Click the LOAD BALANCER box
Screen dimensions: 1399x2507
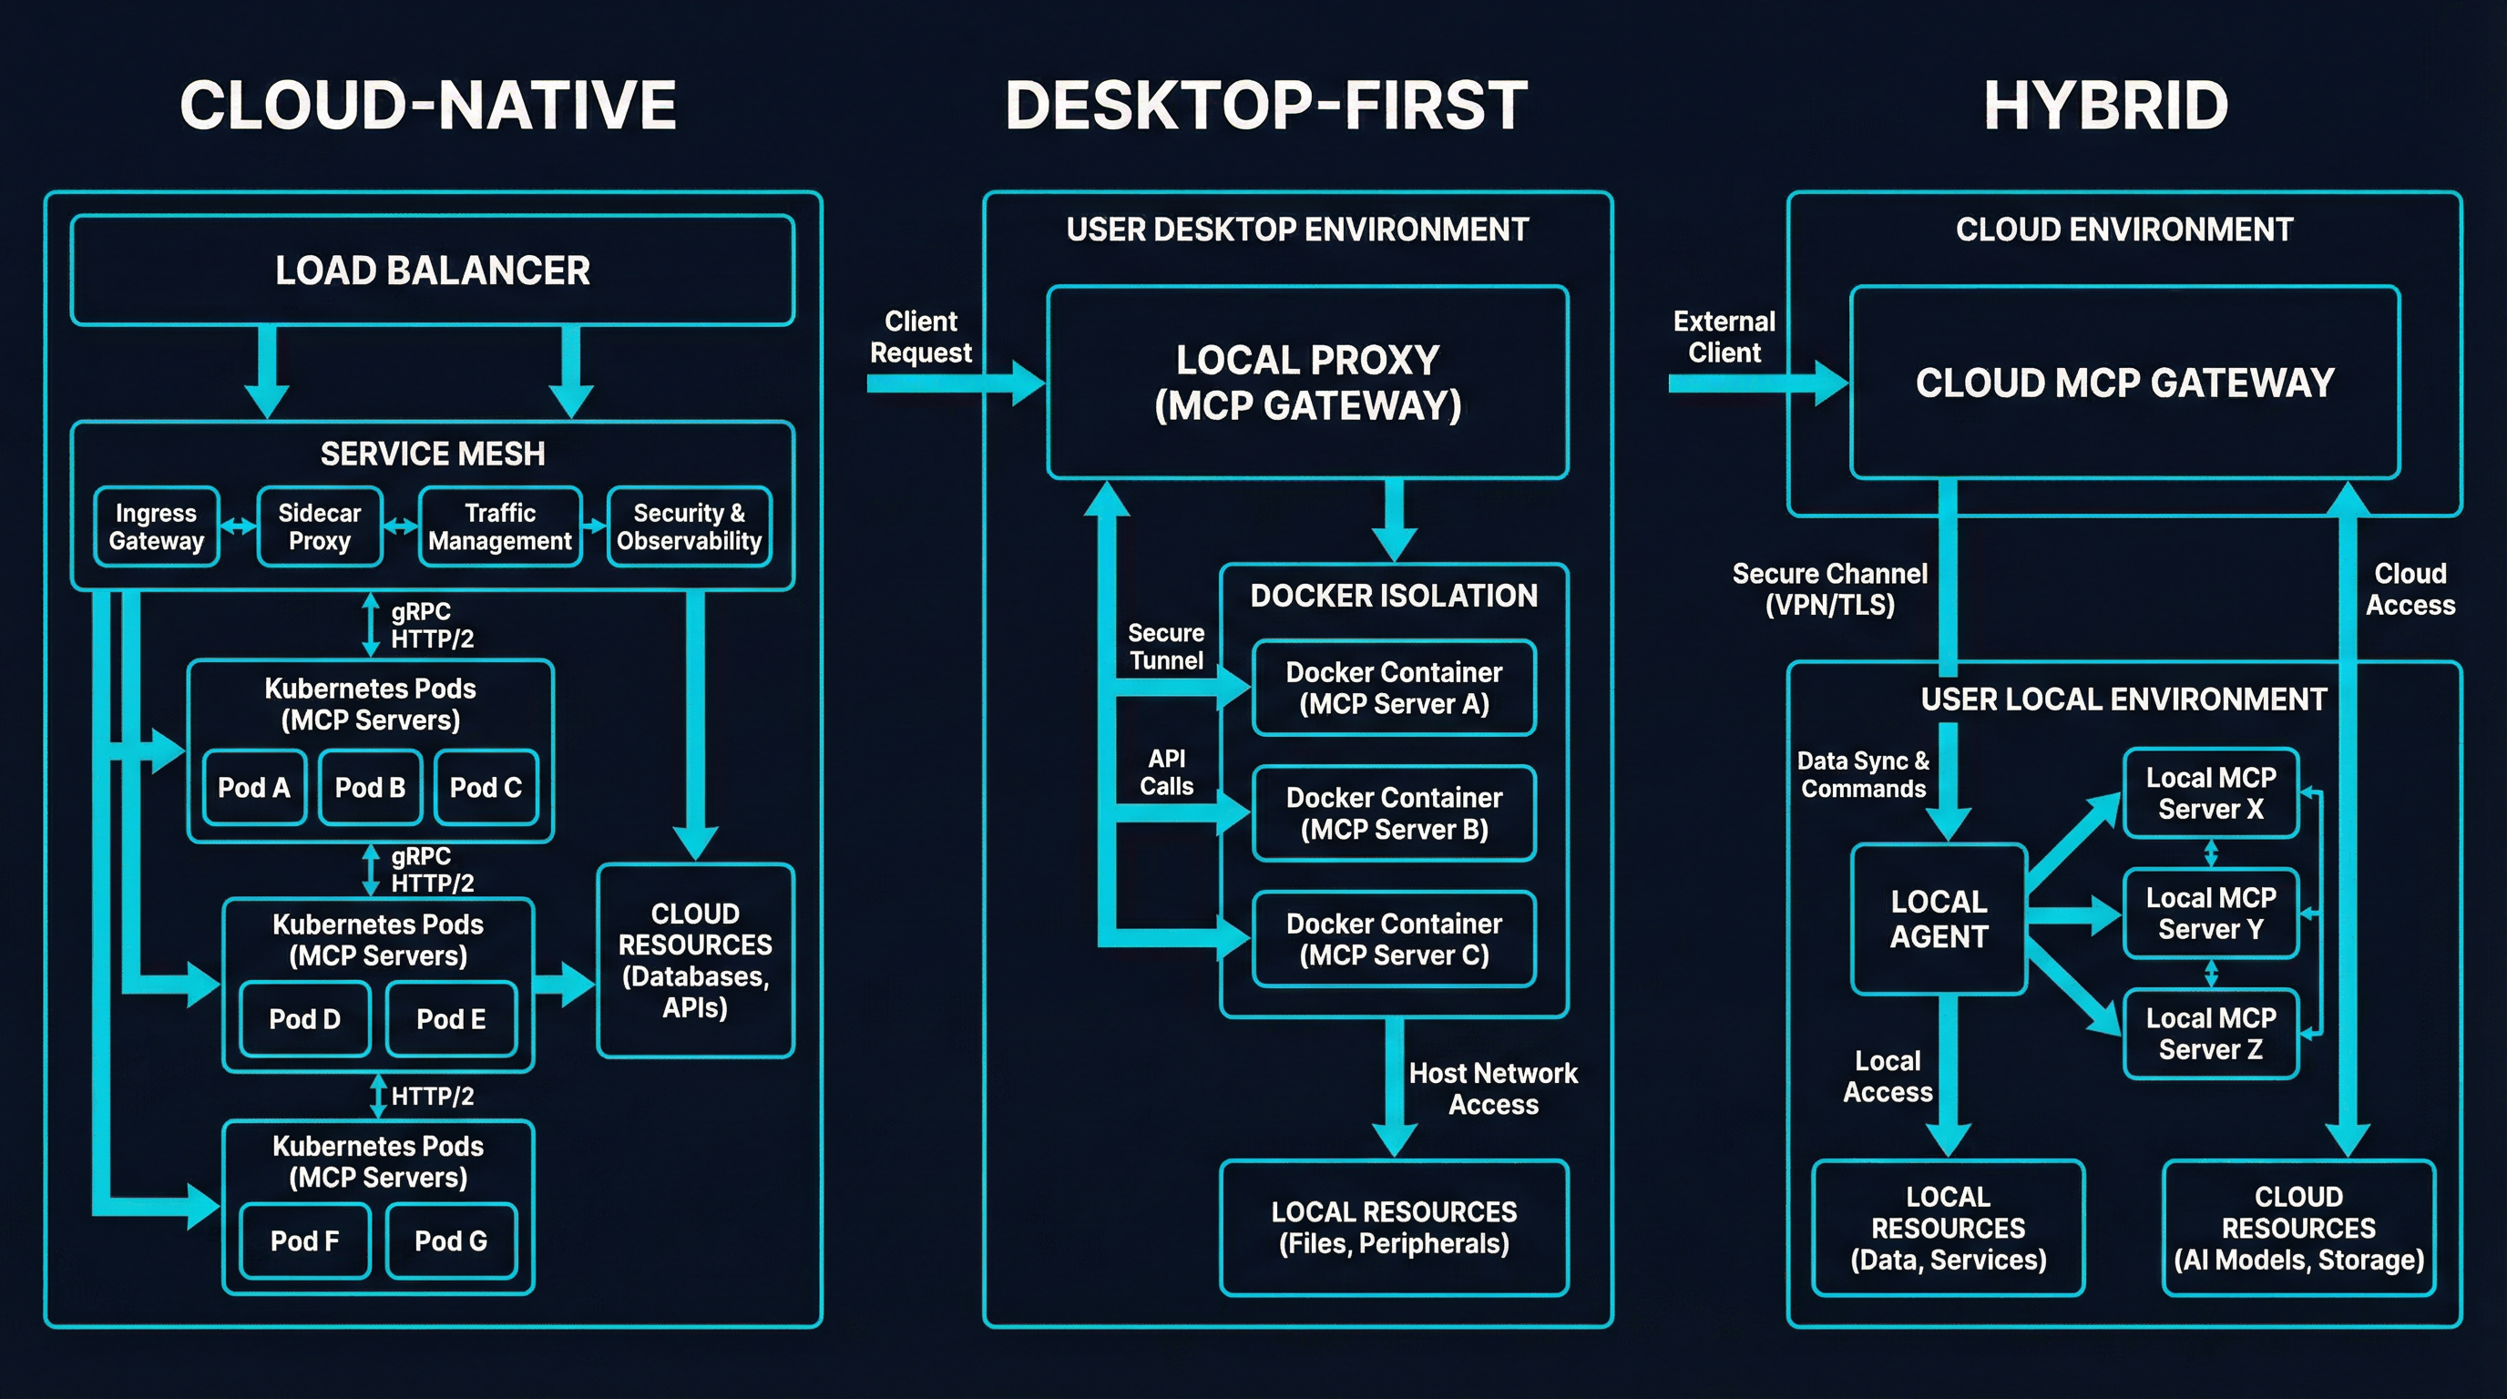pos(432,271)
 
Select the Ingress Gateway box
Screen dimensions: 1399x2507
pos(156,526)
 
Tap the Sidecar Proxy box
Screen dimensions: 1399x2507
pos(319,526)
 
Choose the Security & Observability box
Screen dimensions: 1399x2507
pos(689,526)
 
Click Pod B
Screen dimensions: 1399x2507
pos(370,787)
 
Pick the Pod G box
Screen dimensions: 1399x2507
pos(451,1241)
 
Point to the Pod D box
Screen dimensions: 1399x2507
pos(304,1018)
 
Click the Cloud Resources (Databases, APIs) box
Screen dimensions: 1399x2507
pos(695,960)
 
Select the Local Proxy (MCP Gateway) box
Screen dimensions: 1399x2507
pos(1307,383)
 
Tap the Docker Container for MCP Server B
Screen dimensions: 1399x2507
pos(1394,813)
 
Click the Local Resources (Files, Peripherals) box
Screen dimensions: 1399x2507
pos(1394,1228)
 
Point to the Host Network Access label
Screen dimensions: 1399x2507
pos(1493,1088)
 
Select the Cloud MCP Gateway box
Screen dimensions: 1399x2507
pos(2124,383)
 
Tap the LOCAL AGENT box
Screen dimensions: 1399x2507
pos(1939,919)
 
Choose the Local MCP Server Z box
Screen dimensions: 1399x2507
pos(2210,1033)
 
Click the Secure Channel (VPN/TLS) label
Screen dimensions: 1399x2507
pos(1829,588)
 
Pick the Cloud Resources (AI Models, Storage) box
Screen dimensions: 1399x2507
pos(2298,1228)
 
